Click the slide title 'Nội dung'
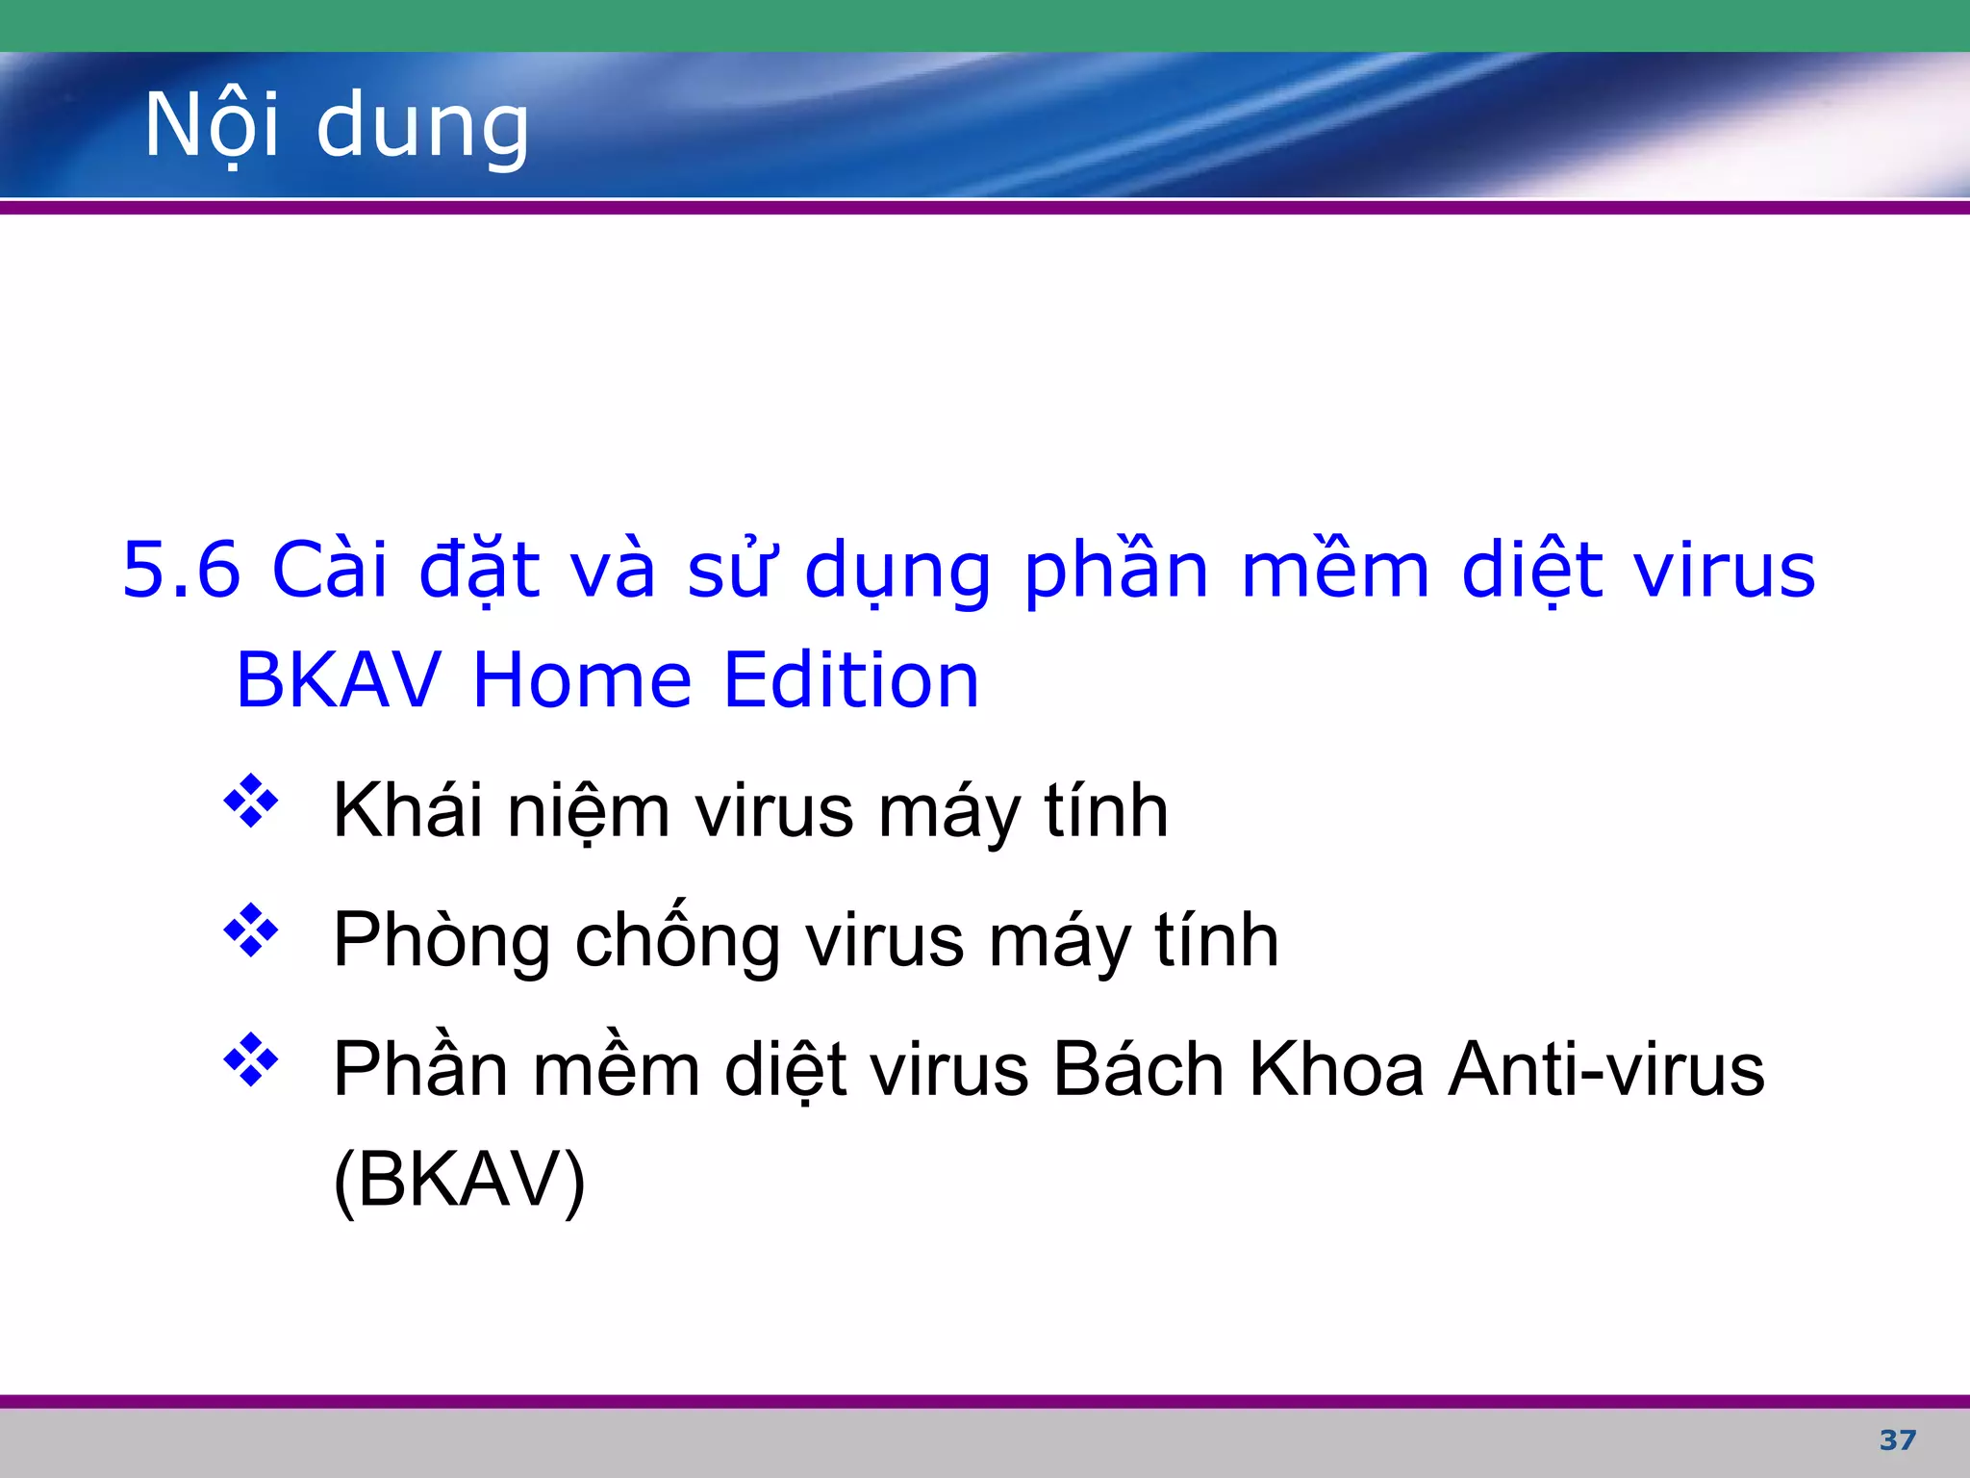coord(337,125)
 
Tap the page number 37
coord(1897,1440)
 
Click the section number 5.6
coord(181,570)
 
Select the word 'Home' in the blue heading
coord(582,680)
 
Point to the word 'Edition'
coord(850,680)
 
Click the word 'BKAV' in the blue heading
coord(339,680)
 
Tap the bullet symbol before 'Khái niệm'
coord(251,801)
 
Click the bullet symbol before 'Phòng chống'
coord(251,930)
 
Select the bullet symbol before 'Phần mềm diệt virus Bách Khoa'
coord(251,1059)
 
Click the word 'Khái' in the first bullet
coord(407,810)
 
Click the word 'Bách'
coord(1138,1070)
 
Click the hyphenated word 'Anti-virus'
coord(1606,1070)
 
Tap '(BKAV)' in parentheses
coord(459,1181)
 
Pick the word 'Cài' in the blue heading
coord(330,570)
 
